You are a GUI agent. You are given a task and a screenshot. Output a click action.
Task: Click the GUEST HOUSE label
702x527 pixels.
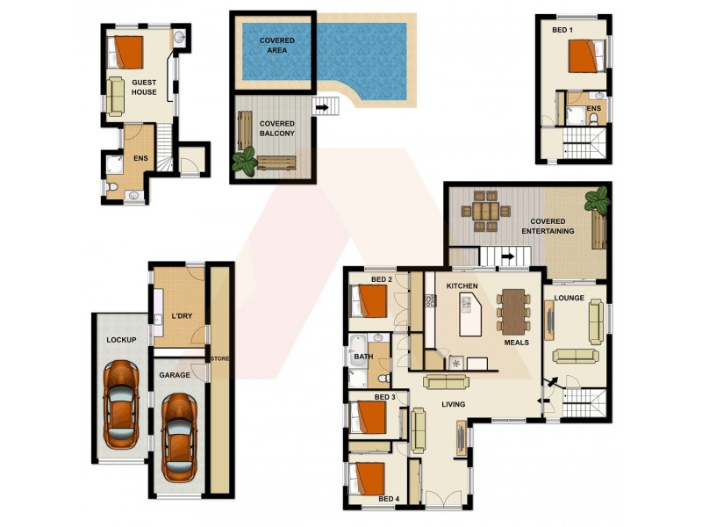pyautogui.click(x=144, y=86)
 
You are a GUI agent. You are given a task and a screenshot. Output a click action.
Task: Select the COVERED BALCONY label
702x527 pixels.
pyautogui.click(x=277, y=128)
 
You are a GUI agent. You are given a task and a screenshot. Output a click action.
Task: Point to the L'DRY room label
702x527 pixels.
pyautogui.click(x=182, y=316)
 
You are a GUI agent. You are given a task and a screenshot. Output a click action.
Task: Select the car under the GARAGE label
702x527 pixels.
pyautogui.click(x=179, y=430)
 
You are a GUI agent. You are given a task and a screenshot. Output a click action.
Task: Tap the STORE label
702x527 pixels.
pyautogui.click(x=218, y=358)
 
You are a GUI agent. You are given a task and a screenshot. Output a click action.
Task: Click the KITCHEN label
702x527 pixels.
pyautogui.click(x=462, y=287)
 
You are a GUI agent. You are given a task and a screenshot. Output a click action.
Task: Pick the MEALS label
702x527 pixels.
pyautogui.click(x=516, y=343)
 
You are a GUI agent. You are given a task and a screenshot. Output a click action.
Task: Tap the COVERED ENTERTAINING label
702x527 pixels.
pyautogui.click(x=548, y=226)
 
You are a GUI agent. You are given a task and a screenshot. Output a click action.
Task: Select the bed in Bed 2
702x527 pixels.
pyautogui.click(x=370, y=301)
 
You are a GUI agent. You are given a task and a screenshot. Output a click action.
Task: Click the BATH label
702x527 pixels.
pyautogui.click(x=362, y=357)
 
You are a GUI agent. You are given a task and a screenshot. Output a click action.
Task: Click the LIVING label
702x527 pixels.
pyautogui.click(x=453, y=404)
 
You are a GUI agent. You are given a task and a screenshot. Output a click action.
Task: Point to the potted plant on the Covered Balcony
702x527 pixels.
pyautogui.click(x=244, y=161)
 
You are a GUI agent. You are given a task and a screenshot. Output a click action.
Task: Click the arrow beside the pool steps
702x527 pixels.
pyautogui.click(x=321, y=108)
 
